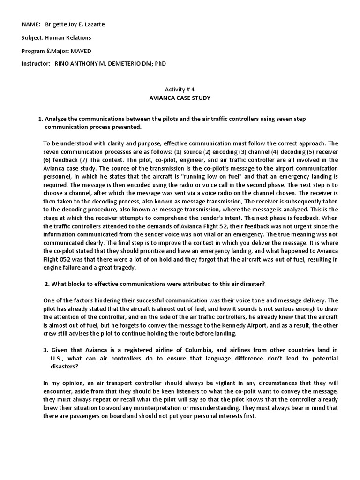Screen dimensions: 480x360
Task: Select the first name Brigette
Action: click(57, 24)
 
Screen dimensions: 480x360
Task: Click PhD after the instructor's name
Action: click(160, 63)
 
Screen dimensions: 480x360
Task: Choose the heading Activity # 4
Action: click(180, 89)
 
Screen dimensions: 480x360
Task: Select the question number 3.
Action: click(47, 350)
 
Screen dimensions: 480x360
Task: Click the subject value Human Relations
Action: click(69, 37)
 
